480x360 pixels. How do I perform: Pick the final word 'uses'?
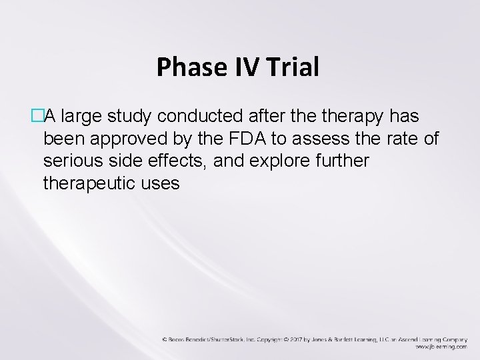pos(162,184)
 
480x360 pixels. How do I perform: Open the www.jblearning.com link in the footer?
pos(439,347)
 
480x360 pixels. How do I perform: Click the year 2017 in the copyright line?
pos(297,339)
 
